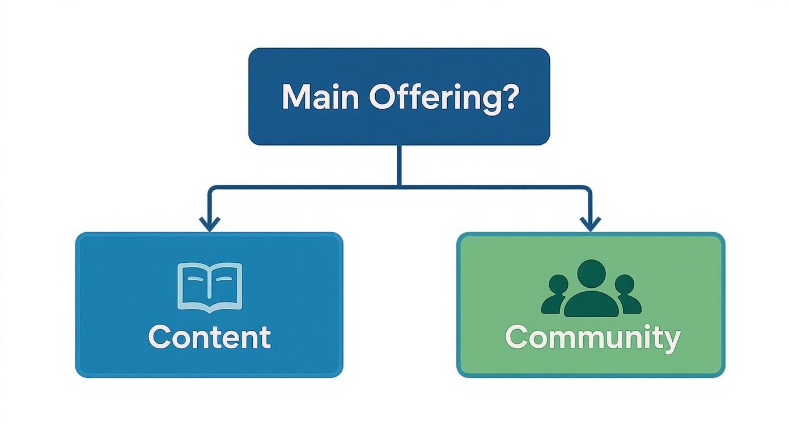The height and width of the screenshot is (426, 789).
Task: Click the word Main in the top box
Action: tap(320, 97)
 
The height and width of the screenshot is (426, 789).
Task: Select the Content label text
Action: tap(210, 337)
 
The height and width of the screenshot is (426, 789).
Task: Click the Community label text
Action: tap(593, 339)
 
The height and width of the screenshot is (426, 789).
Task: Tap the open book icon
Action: tap(210, 288)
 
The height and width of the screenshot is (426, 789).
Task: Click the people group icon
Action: tap(591, 288)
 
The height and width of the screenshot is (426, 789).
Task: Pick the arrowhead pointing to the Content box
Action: tap(210, 224)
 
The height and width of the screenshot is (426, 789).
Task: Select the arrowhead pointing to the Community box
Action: tap(591, 224)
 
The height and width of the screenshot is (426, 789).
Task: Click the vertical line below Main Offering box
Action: tap(399, 165)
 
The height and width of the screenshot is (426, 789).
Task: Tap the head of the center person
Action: tap(591, 274)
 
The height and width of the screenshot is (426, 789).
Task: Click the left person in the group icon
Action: tap(555, 295)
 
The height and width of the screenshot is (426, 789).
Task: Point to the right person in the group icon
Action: tap(628, 295)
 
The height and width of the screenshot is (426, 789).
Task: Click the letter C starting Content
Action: tap(160, 337)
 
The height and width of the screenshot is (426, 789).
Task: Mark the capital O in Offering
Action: tap(382, 97)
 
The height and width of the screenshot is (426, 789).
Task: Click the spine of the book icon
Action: tap(210, 288)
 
